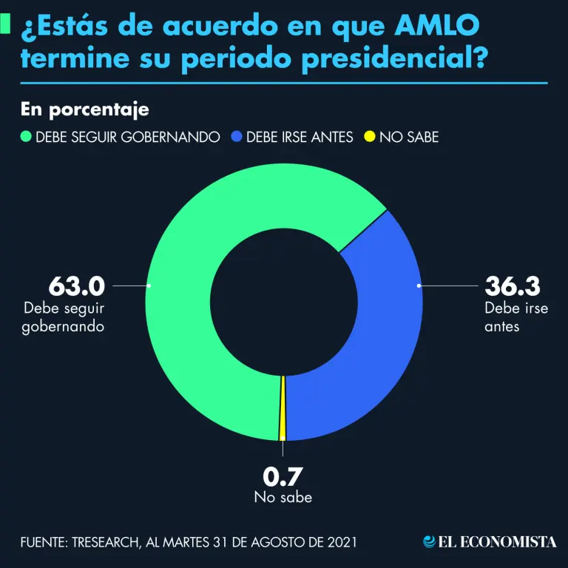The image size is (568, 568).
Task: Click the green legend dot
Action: (26, 137)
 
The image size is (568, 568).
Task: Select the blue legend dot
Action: (236, 137)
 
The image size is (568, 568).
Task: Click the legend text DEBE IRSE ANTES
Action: (300, 137)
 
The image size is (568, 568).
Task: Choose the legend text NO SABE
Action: (409, 137)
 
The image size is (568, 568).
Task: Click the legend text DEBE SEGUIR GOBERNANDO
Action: (128, 137)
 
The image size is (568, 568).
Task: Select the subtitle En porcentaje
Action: (85, 109)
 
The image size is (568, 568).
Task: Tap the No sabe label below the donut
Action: (283, 497)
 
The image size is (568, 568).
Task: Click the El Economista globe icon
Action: (428, 541)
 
